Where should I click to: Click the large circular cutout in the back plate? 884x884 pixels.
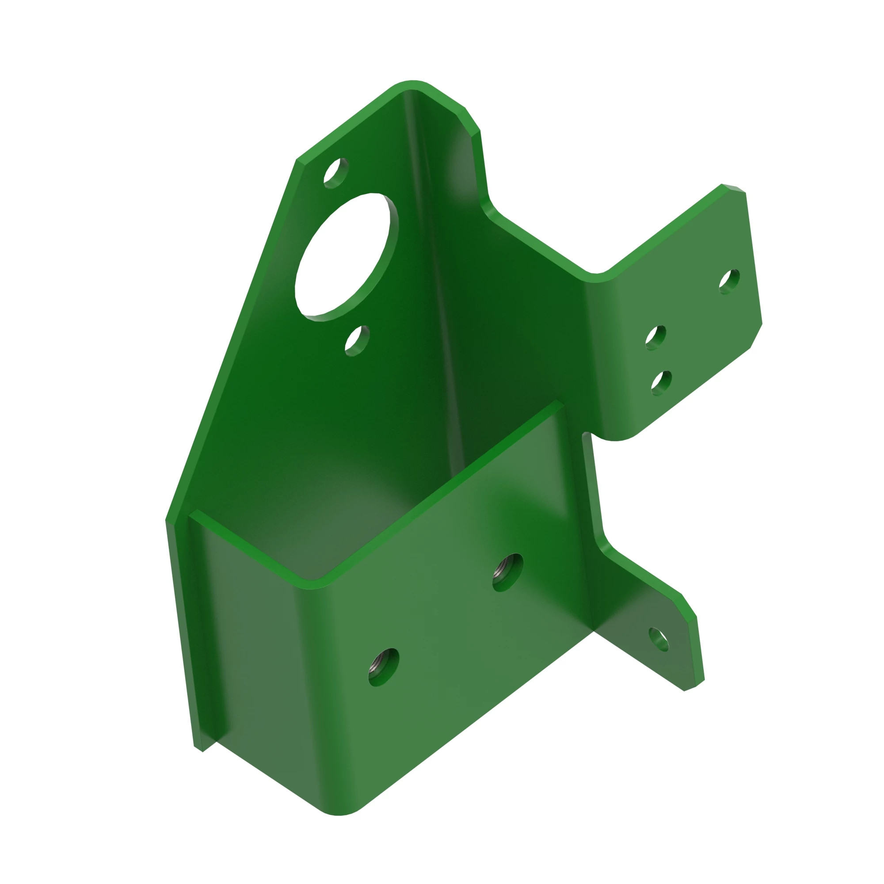tap(347, 256)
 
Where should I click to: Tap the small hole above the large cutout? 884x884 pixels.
tap(336, 172)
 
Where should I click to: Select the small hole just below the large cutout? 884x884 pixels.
tap(357, 341)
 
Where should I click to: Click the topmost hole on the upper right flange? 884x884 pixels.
tap(729, 282)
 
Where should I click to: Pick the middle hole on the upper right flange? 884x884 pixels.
tap(655, 338)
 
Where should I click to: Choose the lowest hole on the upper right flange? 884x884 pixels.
tap(661, 383)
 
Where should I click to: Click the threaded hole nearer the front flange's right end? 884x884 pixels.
tap(508, 572)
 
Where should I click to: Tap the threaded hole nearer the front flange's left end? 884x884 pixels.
tap(383, 667)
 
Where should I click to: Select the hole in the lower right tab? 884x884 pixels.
tap(659, 639)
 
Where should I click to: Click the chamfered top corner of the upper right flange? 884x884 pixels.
tap(733, 187)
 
